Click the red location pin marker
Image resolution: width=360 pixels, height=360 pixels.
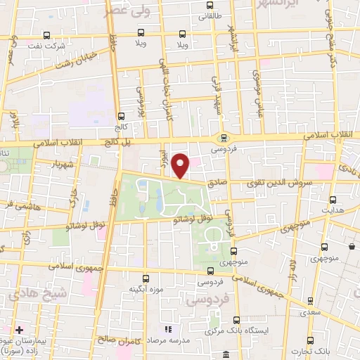coord(181,166)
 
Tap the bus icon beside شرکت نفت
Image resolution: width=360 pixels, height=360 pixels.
coord(47,35)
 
